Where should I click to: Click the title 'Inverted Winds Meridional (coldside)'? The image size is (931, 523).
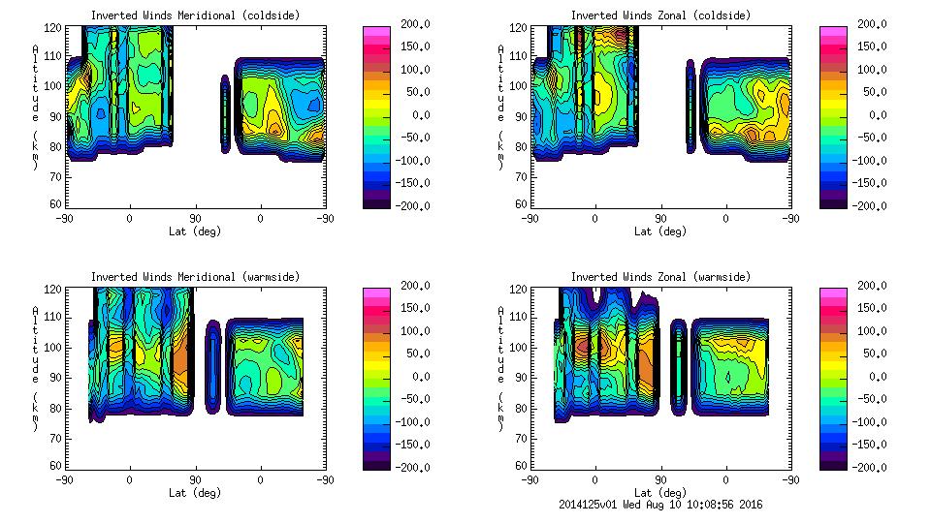pyautogui.click(x=195, y=15)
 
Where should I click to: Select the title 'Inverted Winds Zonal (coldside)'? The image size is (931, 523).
pyautogui.click(x=660, y=15)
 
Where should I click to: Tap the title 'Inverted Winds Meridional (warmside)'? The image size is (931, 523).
pyautogui.click(x=195, y=277)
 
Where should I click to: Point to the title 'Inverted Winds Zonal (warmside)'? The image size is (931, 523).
pyautogui.click(x=660, y=277)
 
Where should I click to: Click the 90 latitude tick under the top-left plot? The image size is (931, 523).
pyautogui.click(x=195, y=218)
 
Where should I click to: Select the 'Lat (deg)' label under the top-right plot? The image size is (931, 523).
pyautogui.click(x=660, y=231)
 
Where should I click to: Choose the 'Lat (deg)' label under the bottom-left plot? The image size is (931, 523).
pyautogui.click(x=195, y=493)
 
